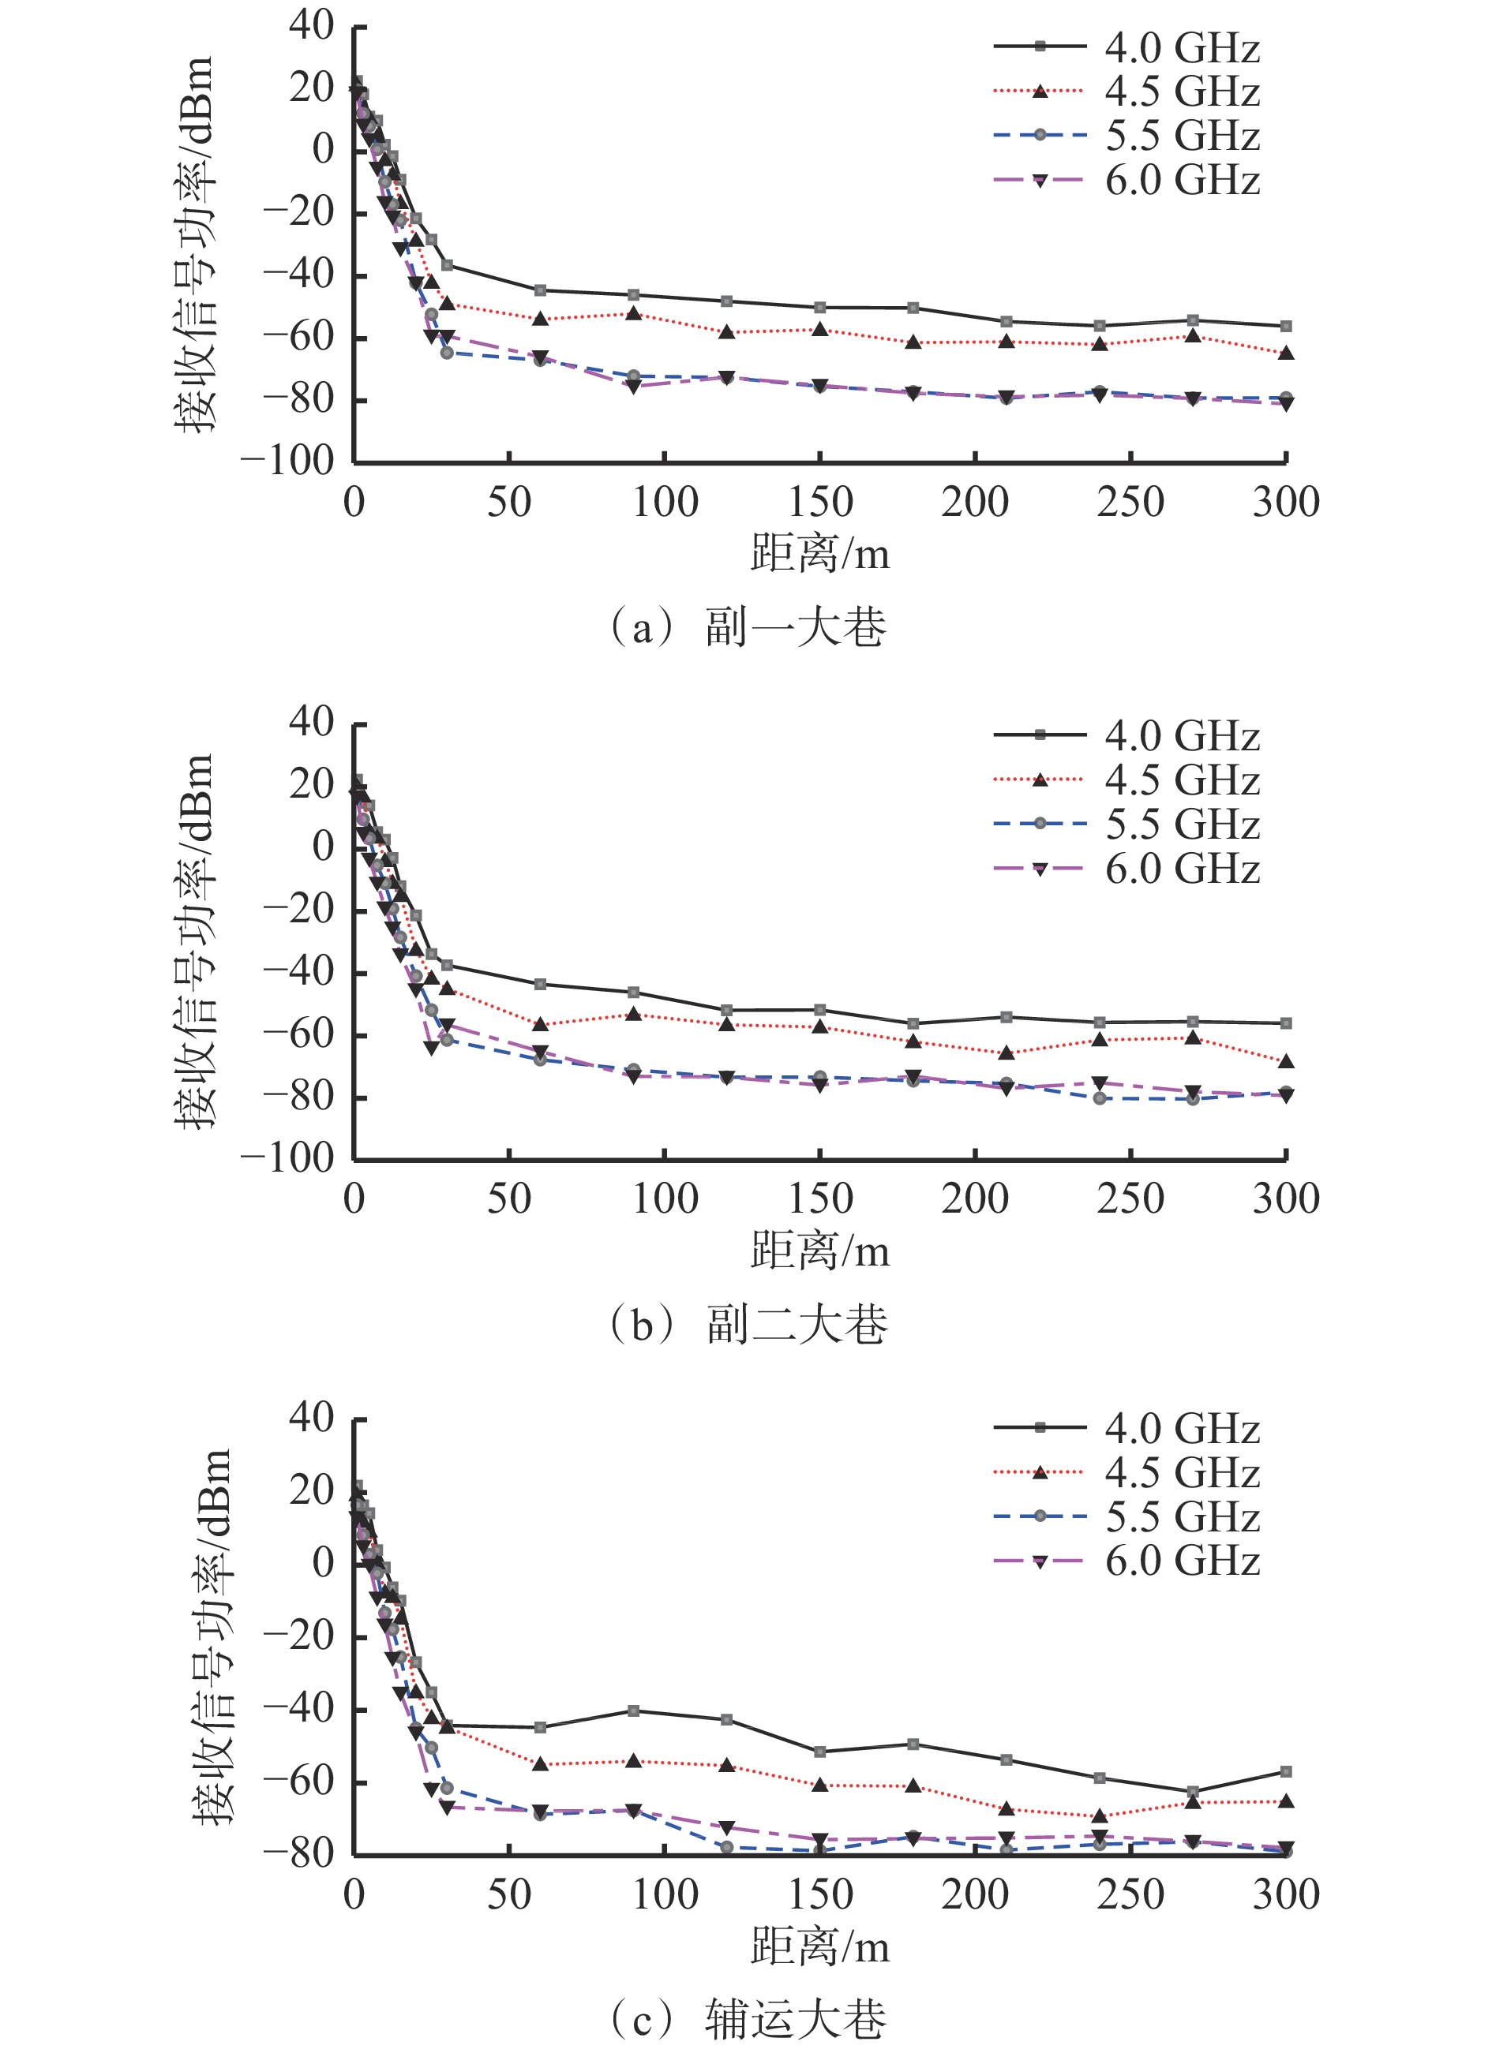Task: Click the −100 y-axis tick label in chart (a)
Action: click(x=287, y=461)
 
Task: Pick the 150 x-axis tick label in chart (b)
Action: click(x=819, y=1198)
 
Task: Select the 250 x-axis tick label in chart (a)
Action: click(x=1130, y=503)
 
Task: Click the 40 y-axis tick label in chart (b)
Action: click(x=311, y=721)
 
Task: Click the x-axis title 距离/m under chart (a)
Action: click(x=819, y=554)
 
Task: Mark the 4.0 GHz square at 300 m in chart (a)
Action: click(x=1286, y=326)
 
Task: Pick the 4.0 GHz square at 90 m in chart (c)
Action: click(x=633, y=1711)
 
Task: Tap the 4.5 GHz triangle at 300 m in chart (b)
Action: click(x=1286, y=1061)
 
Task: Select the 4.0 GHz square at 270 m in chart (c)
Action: click(x=1193, y=1792)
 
